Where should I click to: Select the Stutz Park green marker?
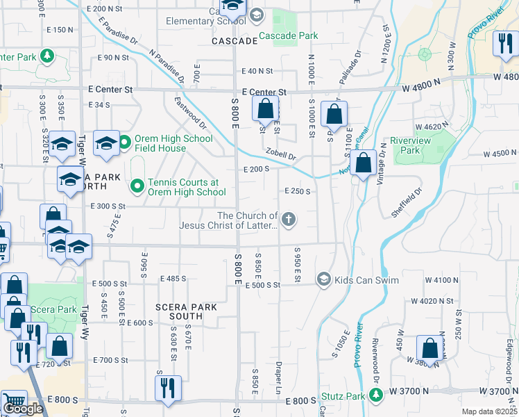coord(376,395)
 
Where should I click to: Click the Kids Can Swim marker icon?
coord(323,279)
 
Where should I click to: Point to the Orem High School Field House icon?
coord(125,143)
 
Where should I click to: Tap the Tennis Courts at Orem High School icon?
coord(137,186)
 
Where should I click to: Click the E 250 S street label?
coord(297,191)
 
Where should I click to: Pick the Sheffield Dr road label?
coord(407,203)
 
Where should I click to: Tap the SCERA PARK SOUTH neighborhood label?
coord(186,311)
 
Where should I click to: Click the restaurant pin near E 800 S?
coord(167,389)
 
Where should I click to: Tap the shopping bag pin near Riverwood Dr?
coord(429,349)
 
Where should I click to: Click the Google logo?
coord(23,409)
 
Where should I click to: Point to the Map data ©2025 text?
coord(489,411)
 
